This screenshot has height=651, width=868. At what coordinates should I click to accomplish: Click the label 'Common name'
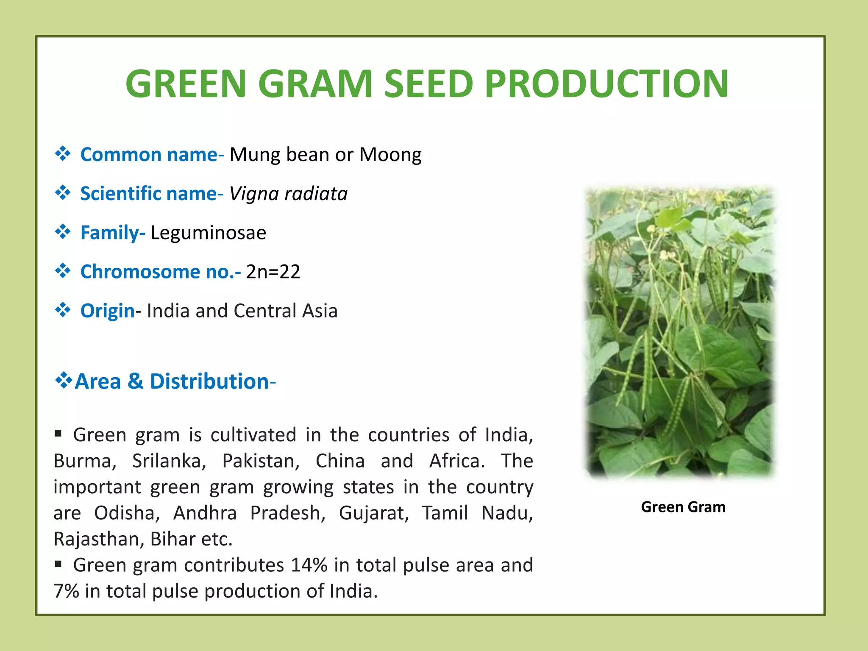pyautogui.click(x=148, y=155)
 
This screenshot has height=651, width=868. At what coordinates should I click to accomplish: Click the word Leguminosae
pyautogui.click(x=208, y=233)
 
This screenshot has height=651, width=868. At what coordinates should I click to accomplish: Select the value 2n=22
pyautogui.click(x=273, y=272)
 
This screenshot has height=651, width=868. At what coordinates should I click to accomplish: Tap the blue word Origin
pyautogui.click(x=107, y=311)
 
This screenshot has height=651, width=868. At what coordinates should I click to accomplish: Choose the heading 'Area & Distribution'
pyautogui.click(x=172, y=381)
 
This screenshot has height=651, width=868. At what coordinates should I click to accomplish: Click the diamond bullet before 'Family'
pyautogui.click(x=63, y=232)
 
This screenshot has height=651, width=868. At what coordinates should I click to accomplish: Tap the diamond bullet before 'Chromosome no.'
pyautogui.click(x=63, y=271)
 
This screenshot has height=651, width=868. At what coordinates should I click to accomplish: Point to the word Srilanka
pyautogui.click(x=169, y=461)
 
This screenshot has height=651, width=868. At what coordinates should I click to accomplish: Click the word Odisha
pyautogui.click(x=127, y=513)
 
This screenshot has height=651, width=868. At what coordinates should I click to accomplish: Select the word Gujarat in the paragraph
pyautogui.click(x=373, y=513)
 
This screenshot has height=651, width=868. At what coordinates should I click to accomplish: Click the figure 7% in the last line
pyautogui.click(x=66, y=591)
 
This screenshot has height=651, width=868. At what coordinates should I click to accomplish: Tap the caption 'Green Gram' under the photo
pyautogui.click(x=683, y=507)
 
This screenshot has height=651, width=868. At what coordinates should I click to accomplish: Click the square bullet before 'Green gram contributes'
pyautogui.click(x=58, y=564)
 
